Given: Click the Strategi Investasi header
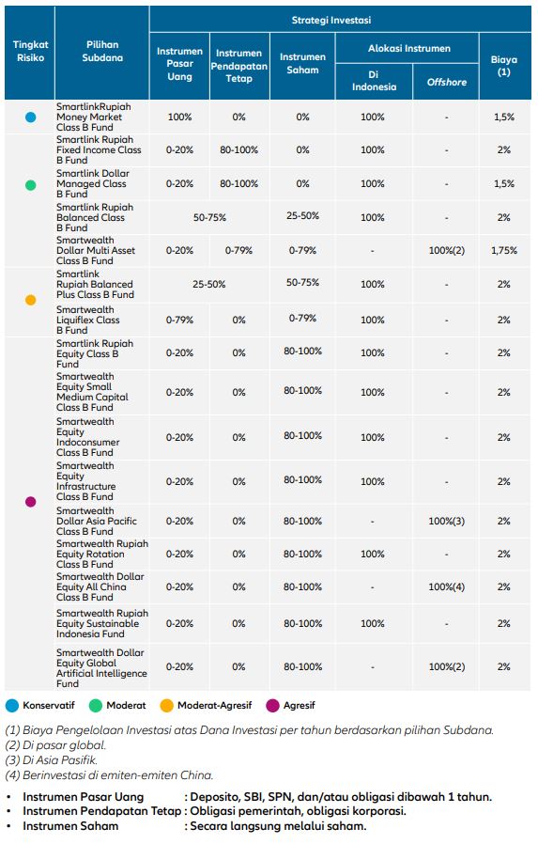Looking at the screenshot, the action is tap(331, 21).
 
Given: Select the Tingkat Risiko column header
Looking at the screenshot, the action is tap(31, 51).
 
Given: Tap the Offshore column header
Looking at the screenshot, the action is tap(447, 82).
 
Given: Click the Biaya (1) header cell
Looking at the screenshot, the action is tap(503, 66).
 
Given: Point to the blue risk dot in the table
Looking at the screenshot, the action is tap(31, 117).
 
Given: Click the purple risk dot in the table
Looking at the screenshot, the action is tap(31, 502).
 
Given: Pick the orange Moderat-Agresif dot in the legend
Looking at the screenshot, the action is tap(167, 705).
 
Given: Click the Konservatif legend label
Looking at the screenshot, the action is tap(49, 705).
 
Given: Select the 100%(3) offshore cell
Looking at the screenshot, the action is tap(447, 521).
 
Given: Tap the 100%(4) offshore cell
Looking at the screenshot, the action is tap(447, 586).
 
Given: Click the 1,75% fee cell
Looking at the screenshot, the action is tap(504, 250).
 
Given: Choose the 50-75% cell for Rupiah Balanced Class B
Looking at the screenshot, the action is tap(209, 217).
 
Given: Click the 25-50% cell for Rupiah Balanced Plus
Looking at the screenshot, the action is tap(209, 284).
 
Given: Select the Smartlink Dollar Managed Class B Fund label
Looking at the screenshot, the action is tap(93, 183).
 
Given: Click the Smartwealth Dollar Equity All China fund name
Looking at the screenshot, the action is tap(100, 586).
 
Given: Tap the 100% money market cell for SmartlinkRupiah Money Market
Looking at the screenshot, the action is tap(179, 117).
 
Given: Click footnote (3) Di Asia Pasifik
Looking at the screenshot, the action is tap(51, 760).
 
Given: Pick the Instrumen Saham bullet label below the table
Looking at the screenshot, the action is tap(70, 826).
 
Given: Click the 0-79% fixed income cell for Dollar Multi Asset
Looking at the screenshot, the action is tap(238, 250).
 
